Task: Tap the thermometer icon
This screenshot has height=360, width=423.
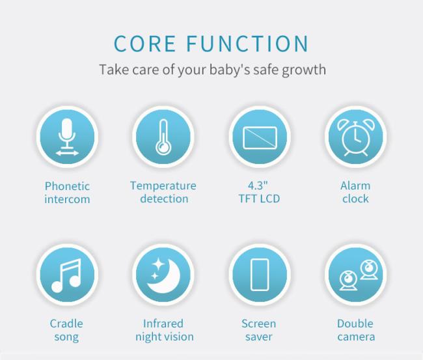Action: coord(163,137)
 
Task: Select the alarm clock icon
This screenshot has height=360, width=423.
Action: coord(356,138)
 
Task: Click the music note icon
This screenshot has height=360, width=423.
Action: coord(66,275)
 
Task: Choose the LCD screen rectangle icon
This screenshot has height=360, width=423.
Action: coord(260,137)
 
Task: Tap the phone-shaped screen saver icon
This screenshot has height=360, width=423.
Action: coord(260,275)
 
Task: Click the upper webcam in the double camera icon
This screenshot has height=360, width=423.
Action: coord(368,270)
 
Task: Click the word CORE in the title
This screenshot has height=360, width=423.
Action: coord(145,43)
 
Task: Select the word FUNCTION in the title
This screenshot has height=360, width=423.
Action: coord(247,43)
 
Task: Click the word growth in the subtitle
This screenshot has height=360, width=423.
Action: coord(304,70)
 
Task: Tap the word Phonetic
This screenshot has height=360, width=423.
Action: coord(67,186)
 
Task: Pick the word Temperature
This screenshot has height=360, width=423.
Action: coord(163,186)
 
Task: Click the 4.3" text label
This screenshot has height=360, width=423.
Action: coord(258,186)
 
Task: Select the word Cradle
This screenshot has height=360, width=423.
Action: coord(66,324)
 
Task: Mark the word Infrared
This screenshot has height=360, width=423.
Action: coord(163,324)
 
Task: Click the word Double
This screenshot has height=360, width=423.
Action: coord(355,324)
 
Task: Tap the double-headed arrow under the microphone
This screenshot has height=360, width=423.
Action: coord(67,153)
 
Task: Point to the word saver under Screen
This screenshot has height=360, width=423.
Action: coord(259,337)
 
